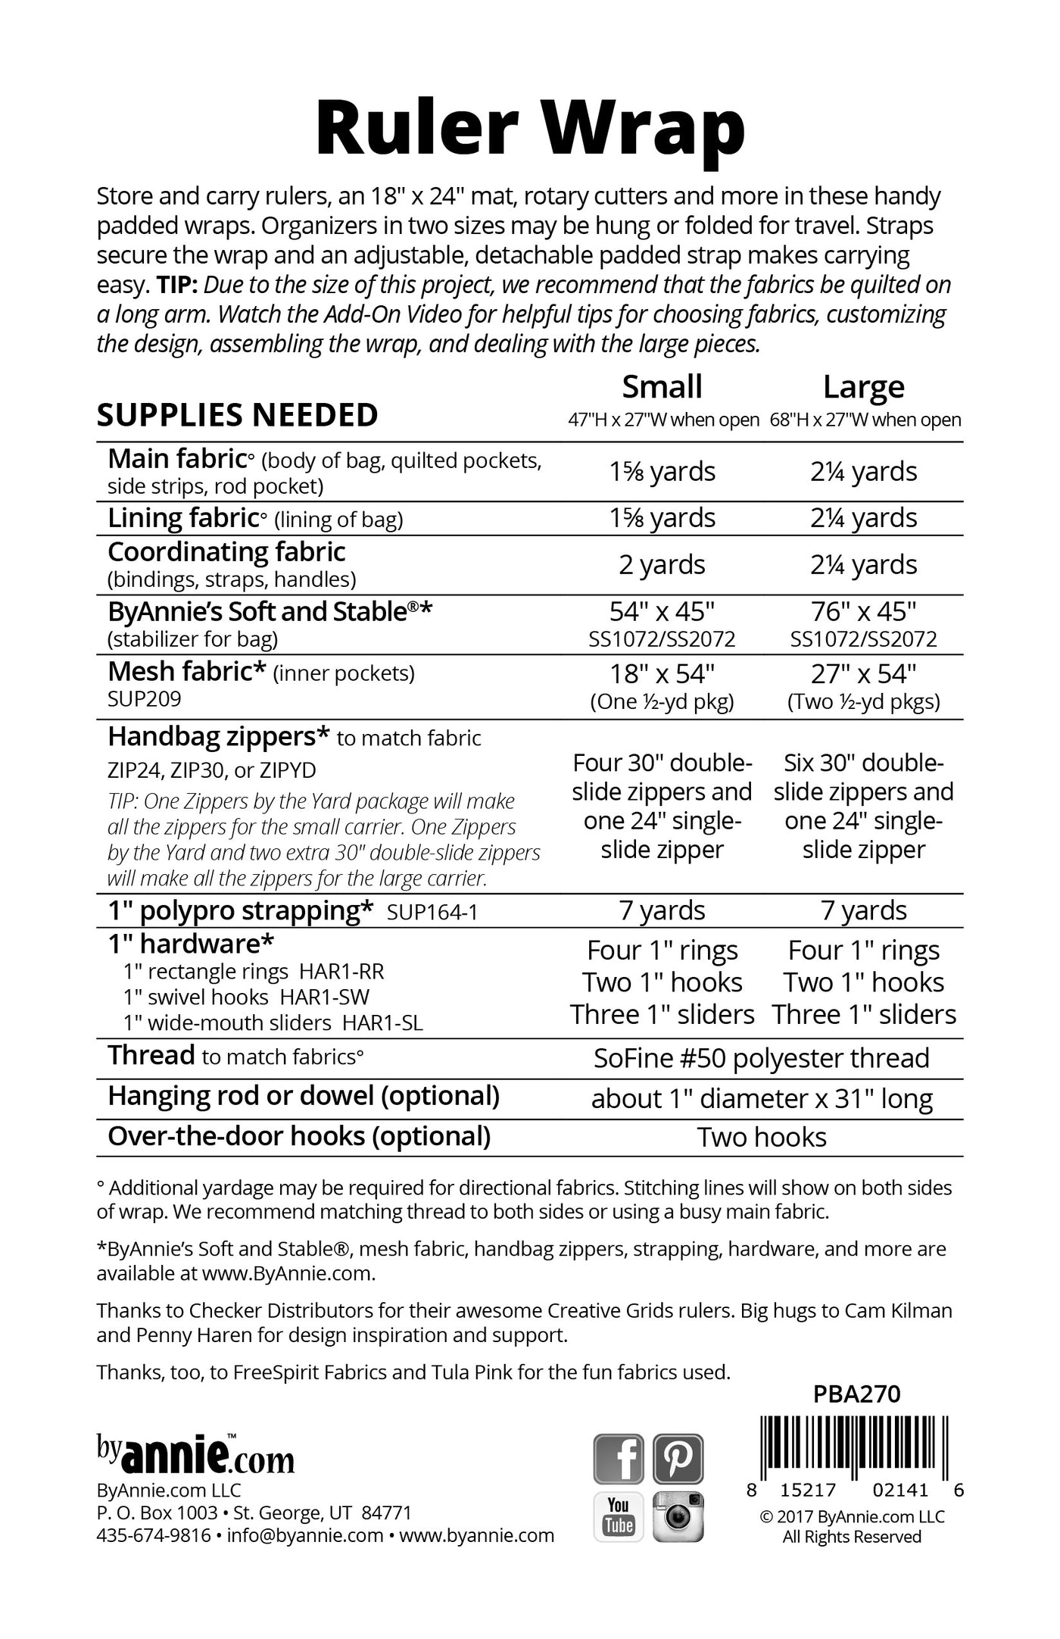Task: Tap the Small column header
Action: (662, 387)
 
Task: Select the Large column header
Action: (864, 387)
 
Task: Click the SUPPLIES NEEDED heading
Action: (238, 415)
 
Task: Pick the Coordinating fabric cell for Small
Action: (662, 565)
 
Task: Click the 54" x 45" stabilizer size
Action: (662, 611)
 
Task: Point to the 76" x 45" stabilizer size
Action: (864, 611)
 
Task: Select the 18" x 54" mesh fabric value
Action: (662, 673)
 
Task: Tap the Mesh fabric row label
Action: (187, 672)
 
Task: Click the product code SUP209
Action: (145, 698)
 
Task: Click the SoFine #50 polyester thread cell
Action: (762, 1058)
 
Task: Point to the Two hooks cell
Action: (762, 1138)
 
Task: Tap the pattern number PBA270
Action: (856, 1394)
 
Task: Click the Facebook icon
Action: (618, 1458)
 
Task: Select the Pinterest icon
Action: (678, 1458)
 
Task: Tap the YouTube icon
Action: (618, 1517)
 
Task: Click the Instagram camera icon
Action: (678, 1517)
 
